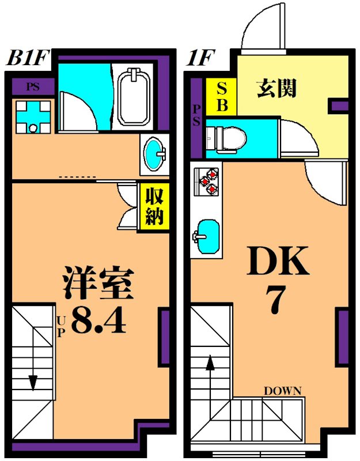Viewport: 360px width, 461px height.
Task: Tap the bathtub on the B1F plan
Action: pos(134,96)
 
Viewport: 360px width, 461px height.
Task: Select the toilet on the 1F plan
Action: pos(228,137)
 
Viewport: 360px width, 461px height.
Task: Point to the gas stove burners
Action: pos(208,180)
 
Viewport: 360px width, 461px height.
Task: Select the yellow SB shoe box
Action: pos(222,96)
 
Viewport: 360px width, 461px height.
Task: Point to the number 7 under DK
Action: pos(276,300)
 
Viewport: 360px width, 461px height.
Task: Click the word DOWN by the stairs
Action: pos(282,391)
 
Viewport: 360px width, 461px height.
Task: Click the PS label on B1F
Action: pos(33,88)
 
